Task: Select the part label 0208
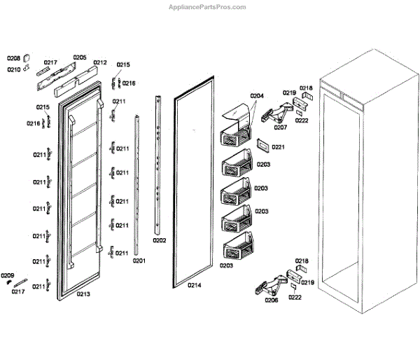tap(14, 58)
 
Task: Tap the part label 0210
tap(14, 69)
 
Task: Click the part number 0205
tap(80, 57)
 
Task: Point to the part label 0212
tap(100, 62)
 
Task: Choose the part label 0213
tap(83, 294)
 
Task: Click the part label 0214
tap(194, 285)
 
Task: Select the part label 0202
tap(160, 240)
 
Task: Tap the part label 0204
tap(257, 95)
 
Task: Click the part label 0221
tap(279, 147)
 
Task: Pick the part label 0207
tap(281, 127)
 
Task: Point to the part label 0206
tap(272, 300)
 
